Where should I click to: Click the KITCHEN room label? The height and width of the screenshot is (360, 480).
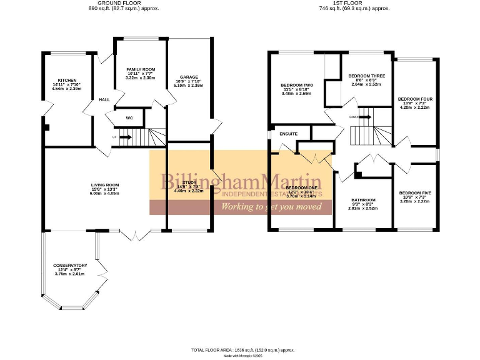point(67,81)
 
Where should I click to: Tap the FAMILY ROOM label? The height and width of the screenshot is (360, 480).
point(141,69)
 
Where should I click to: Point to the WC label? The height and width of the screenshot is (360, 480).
point(129,117)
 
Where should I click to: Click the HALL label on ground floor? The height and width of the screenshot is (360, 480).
point(104,99)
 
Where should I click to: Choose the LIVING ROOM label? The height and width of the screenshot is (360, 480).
point(105,185)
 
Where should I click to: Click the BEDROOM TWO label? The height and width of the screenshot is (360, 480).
point(297,85)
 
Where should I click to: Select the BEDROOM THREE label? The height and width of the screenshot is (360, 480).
point(367,76)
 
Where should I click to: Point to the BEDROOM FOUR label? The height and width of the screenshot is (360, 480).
point(415,99)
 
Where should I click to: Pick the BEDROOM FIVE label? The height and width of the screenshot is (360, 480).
point(415,192)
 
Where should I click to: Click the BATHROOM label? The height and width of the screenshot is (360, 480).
point(363,200)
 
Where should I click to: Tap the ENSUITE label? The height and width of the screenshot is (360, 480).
point(288,134)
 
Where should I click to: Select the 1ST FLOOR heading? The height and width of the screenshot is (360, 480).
point(354,3)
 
